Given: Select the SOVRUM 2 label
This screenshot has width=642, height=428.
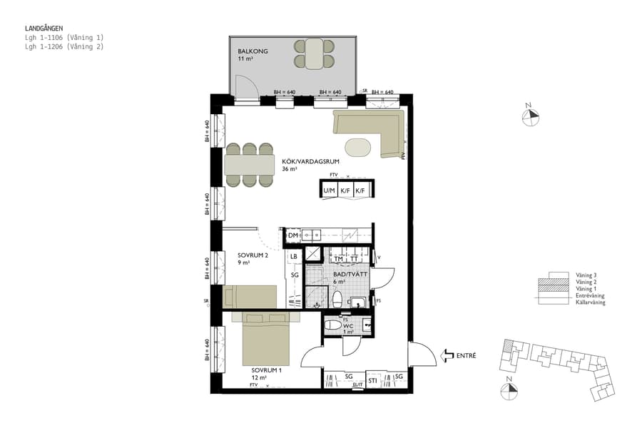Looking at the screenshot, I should click(x=253, y=255).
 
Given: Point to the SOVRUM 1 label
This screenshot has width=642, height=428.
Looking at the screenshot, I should click(x=266, y=370).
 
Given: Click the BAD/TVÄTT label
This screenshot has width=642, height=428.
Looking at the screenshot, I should click(x=349, y=274).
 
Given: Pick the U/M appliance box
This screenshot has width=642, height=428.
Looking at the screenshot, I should click(x=329, y=191).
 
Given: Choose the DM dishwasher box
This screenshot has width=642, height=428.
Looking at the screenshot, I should click(x=292, y=235).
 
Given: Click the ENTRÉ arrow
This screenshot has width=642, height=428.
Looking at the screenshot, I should click(x=449, y=355).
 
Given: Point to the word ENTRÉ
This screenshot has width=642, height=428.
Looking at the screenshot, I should click(x=467, y=355).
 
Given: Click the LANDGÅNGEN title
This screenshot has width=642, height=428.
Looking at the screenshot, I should click(x=44, y=29).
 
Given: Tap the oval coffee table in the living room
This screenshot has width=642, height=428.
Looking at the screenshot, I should click(x=358, y=148).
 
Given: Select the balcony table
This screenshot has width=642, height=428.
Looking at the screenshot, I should click(x=315, y=54).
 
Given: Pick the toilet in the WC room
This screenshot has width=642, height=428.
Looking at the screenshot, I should click(x=333, y=325).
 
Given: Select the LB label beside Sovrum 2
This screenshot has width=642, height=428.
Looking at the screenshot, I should click(x=293, y=256).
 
